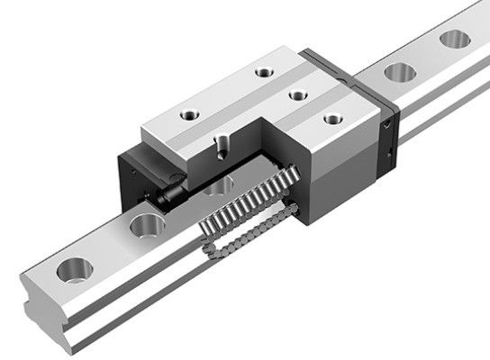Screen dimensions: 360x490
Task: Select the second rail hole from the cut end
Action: tap(143, 224)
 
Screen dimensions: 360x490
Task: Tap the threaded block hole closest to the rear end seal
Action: tap(332, 116)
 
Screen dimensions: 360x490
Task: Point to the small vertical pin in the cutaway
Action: tap(221, 145)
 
